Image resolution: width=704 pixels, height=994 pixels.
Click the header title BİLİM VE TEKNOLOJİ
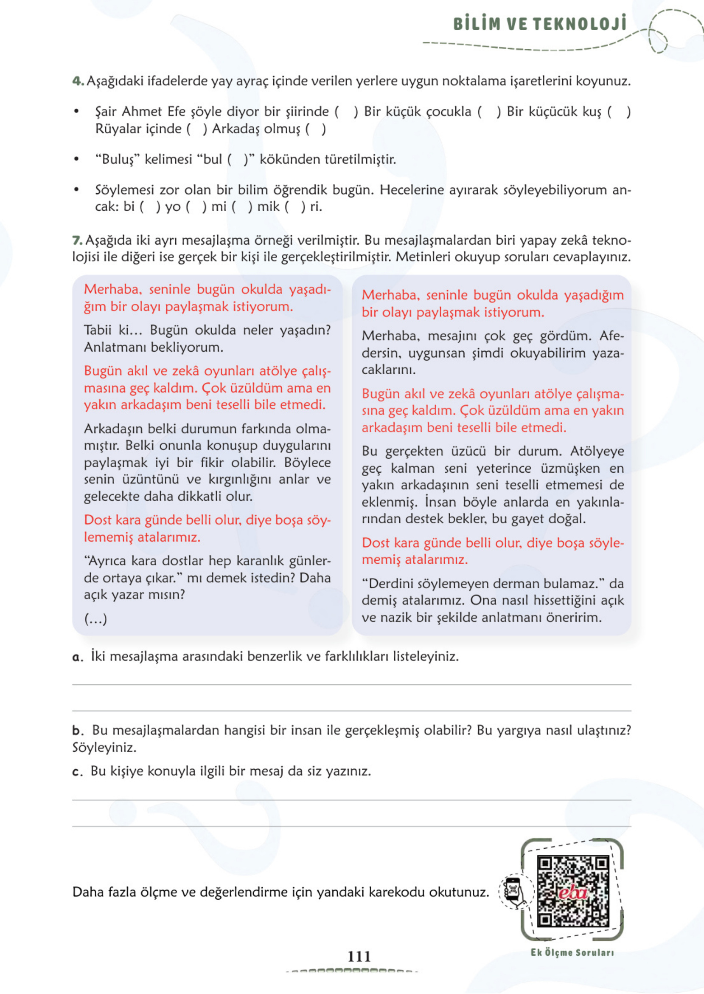pyautogui.click(x=540, y=24)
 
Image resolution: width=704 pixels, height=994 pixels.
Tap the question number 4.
pyautogui.click(x=78, y=81)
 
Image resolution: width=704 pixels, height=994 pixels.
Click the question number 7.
pyautogui.click(x=77, y=240)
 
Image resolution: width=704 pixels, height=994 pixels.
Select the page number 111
pyautogui.click(x=359, y=956)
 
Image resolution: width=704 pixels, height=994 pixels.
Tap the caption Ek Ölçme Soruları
pyautogui.click(x=572, y=953)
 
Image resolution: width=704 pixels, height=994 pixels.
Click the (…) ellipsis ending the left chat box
pyautogui.click(x=95, y=618)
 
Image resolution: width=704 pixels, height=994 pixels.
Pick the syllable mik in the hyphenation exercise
pyautogui.click(x=268, y=206)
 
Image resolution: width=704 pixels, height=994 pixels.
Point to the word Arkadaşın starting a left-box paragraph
pyautogui.click(x=114, y=429)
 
